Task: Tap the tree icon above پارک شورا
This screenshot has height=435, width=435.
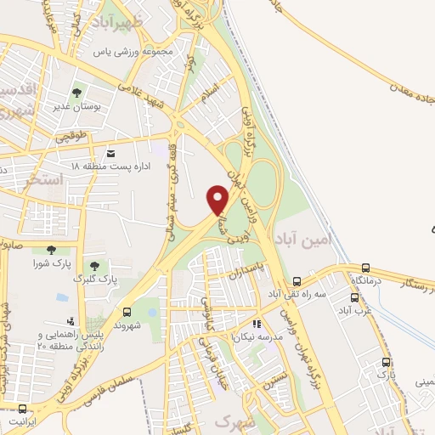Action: [51, 249]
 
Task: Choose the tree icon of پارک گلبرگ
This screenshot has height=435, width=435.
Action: [94, 266]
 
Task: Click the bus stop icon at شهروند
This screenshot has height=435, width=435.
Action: [127, 312]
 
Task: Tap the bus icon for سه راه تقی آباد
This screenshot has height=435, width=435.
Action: [297, 281]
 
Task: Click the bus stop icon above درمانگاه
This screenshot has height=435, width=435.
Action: [365, 268]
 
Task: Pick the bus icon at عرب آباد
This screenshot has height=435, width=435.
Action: [355, 297]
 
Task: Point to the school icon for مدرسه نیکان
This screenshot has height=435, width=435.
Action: [256, 324]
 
